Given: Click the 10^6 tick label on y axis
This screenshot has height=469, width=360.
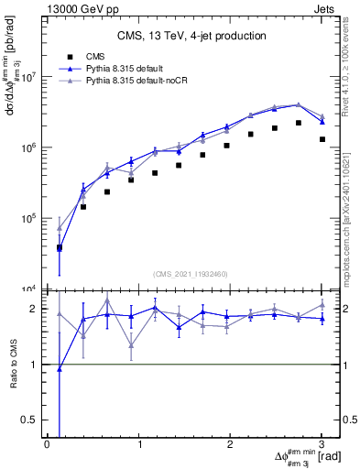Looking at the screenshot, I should pyautogui.click(x=29, y=147).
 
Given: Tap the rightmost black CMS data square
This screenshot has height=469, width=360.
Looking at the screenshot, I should pyautogui.click(x=322, y=139).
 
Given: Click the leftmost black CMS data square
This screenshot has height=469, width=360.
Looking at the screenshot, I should pyautogui.click(x=60, y=247).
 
